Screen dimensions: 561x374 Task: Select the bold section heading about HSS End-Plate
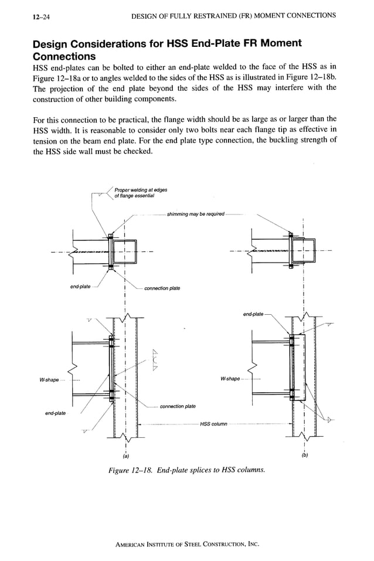tap(167, 50)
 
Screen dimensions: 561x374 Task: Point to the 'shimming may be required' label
tap(195, 214)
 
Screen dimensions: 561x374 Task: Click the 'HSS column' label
tap(213, 424)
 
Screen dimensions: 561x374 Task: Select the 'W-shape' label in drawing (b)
tap(230, 379)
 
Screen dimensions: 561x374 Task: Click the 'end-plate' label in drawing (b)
tap(253, 314)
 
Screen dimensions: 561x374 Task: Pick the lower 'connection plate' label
tap(178, 406)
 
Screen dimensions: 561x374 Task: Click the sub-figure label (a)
tap(125, 455)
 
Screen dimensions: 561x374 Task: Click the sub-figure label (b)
tap(305, 455)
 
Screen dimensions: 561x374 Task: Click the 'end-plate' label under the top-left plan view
tap(80, 286)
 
